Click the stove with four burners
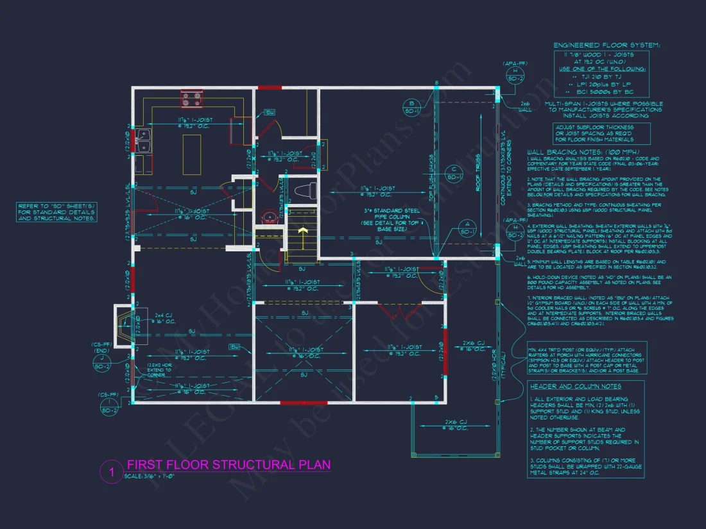coord(191,99)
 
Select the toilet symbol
coord(306,190)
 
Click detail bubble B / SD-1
coord(412,106)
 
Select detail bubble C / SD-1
coord(453,173)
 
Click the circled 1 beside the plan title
coord(111,473)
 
